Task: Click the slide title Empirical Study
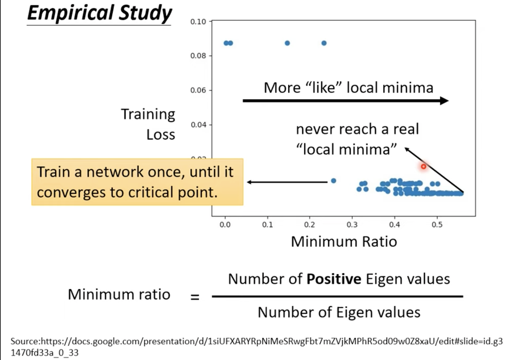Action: coord(100,13)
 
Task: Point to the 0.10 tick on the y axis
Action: coord(198,22)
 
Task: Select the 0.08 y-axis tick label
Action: coord(198,56)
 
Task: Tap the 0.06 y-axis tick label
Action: coord(198,90)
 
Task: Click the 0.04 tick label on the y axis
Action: coord(198,125)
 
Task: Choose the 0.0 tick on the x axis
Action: coord(225,225)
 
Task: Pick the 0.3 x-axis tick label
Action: coord(352,225)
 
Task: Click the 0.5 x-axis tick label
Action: coord(437,225)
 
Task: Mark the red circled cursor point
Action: coord(424,167)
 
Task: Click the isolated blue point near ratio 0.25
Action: coord(333,181)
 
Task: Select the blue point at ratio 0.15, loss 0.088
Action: coord(287,43)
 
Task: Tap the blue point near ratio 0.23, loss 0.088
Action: coord(324,43)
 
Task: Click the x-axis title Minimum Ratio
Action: coord(344,242)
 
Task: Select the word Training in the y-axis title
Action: coord(148,114)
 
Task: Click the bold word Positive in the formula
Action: coord(334,279)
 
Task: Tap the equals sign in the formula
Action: coord(195,296)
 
